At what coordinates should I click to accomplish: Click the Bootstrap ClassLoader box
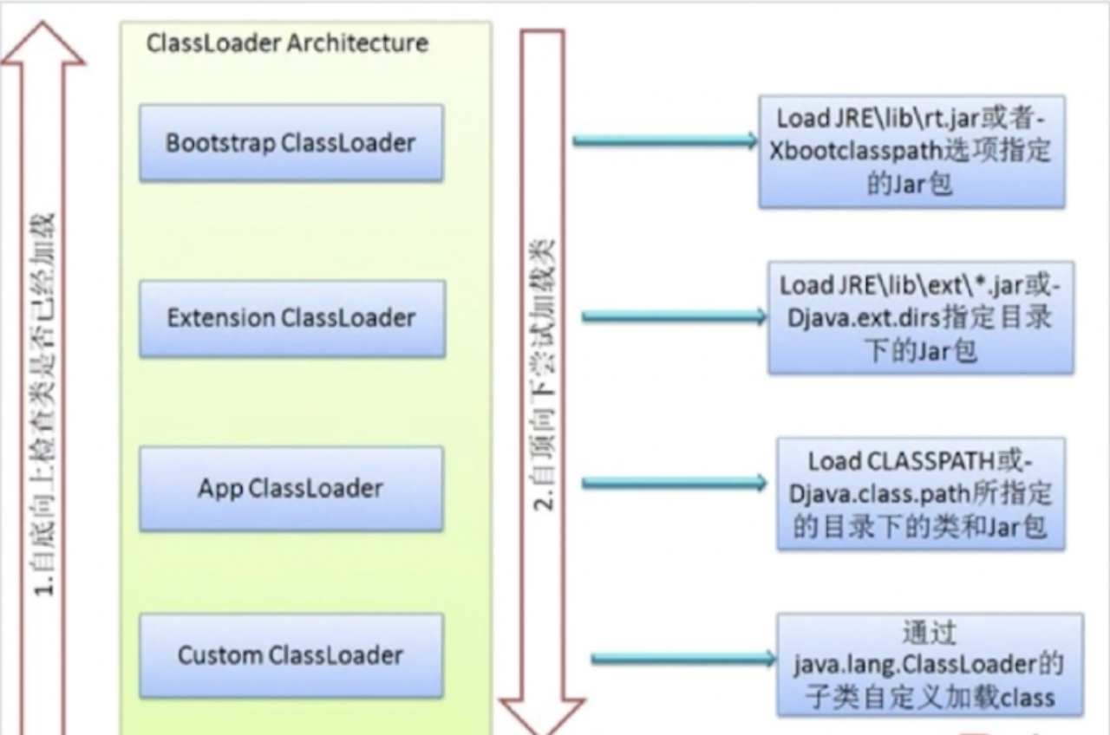[291, 143]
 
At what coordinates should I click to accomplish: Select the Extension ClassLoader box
[291, 318]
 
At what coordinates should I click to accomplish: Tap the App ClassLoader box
[291, 488]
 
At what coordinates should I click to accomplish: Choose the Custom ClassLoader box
[291, 654]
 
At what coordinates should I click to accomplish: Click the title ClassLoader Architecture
[287, 43]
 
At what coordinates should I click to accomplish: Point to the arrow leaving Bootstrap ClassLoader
[664, 140]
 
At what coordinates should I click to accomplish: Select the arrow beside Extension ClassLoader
[673, 317]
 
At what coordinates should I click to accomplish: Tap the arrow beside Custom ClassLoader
[682, 660]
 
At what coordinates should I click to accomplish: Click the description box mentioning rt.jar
[911, 152]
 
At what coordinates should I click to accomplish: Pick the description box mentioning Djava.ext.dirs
[920, 317]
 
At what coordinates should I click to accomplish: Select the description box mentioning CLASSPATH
[920, 493]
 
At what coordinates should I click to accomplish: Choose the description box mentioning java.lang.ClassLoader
[929, 664]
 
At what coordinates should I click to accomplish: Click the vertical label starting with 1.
[45, 403]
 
